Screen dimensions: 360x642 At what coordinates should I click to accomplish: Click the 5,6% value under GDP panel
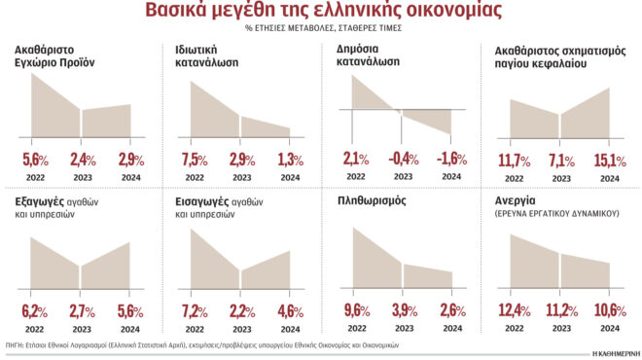[35, 160]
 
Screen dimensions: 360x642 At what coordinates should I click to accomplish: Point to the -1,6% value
[449, 160]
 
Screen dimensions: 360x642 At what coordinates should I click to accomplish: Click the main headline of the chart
[320, 12]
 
